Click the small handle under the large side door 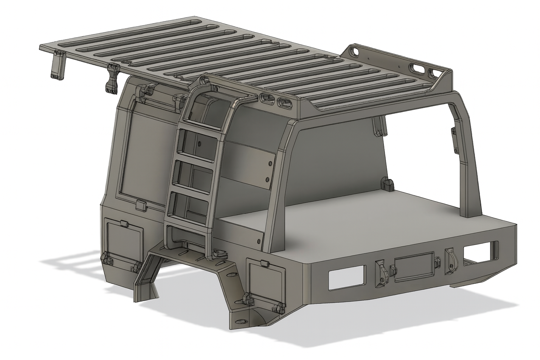tap(141, 205)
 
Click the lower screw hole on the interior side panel tap(268, 180)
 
